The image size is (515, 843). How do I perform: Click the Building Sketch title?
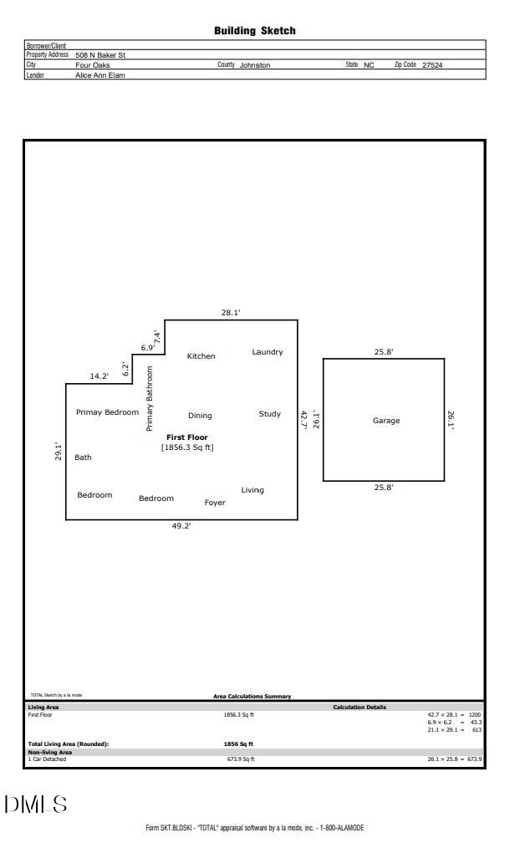(x=254, y=31)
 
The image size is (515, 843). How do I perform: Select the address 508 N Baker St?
(x=100, y=55)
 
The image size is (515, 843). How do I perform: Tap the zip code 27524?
(x=432, y=64)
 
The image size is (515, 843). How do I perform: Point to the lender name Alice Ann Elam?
(x=100, y=75)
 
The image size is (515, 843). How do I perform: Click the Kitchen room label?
(x=201, y=356)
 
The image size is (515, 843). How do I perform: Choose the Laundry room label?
(x=268, y=352)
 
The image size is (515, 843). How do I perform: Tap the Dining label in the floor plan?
(x=200, y=416)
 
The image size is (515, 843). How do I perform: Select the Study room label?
(x=269, y=414)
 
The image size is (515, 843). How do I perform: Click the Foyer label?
(x=215, y=503)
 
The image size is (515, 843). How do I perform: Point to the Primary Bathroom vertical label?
(x=150, y=398)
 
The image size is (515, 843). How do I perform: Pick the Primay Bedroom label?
(x=107, y=412)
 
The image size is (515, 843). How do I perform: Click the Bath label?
(x=83, y=457)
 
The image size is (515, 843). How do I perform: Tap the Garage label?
(x=385, y=421)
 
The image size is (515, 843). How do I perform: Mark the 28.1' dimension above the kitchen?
(x=231, y=313)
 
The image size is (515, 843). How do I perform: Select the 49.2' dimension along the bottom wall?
(x=181, y=526)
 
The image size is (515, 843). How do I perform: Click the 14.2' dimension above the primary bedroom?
(x=99, y=376)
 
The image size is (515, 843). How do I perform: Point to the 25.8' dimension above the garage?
(x=384, y=352)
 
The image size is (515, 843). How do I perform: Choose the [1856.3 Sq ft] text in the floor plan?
(x=187, y=447)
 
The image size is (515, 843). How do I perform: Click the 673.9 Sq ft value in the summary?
(x=241, y=759)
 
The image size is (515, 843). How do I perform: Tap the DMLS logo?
(x=35, y=805)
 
